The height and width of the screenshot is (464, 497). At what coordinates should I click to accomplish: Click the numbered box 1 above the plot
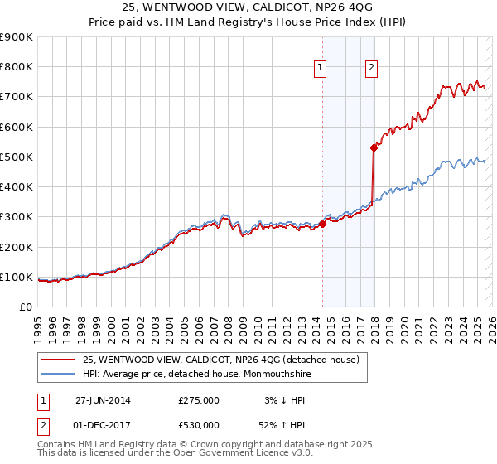pos(321,69)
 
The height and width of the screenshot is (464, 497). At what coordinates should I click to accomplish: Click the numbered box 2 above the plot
pos(371,69)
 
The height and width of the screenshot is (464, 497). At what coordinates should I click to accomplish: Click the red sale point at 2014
pos(322,224)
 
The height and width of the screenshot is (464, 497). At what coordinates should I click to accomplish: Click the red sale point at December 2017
pos(374,147)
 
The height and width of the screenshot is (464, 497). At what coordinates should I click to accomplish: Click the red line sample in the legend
pos(58,360)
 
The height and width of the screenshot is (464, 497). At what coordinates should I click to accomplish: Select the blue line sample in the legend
pos(58,374)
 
